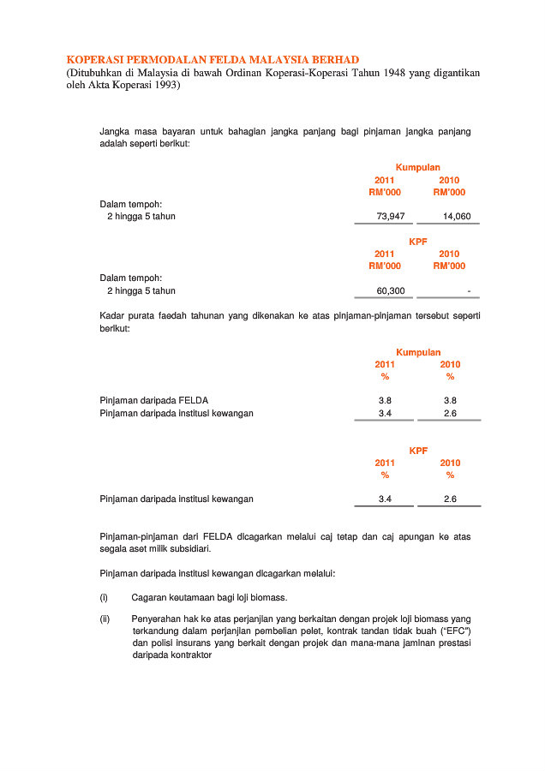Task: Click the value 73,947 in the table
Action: [x=391, y=217]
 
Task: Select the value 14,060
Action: [x=457, y=217]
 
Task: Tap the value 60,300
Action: [x=391, y=290]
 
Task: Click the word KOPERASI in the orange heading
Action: [x=96, y=59]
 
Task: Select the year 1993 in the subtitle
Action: [x=162, y=87]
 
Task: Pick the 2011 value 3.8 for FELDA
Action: [x=385, y=400]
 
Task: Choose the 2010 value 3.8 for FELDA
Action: [x=450, y=400]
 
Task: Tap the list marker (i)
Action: [x=104, y=597]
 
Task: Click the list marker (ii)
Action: [x=105, y=619]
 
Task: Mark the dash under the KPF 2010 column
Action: [x=468, y=290]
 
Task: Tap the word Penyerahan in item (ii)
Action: [x=157, y=619]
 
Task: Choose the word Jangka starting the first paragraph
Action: [x=115, y=132]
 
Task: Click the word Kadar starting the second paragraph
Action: [x=113, y=316]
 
